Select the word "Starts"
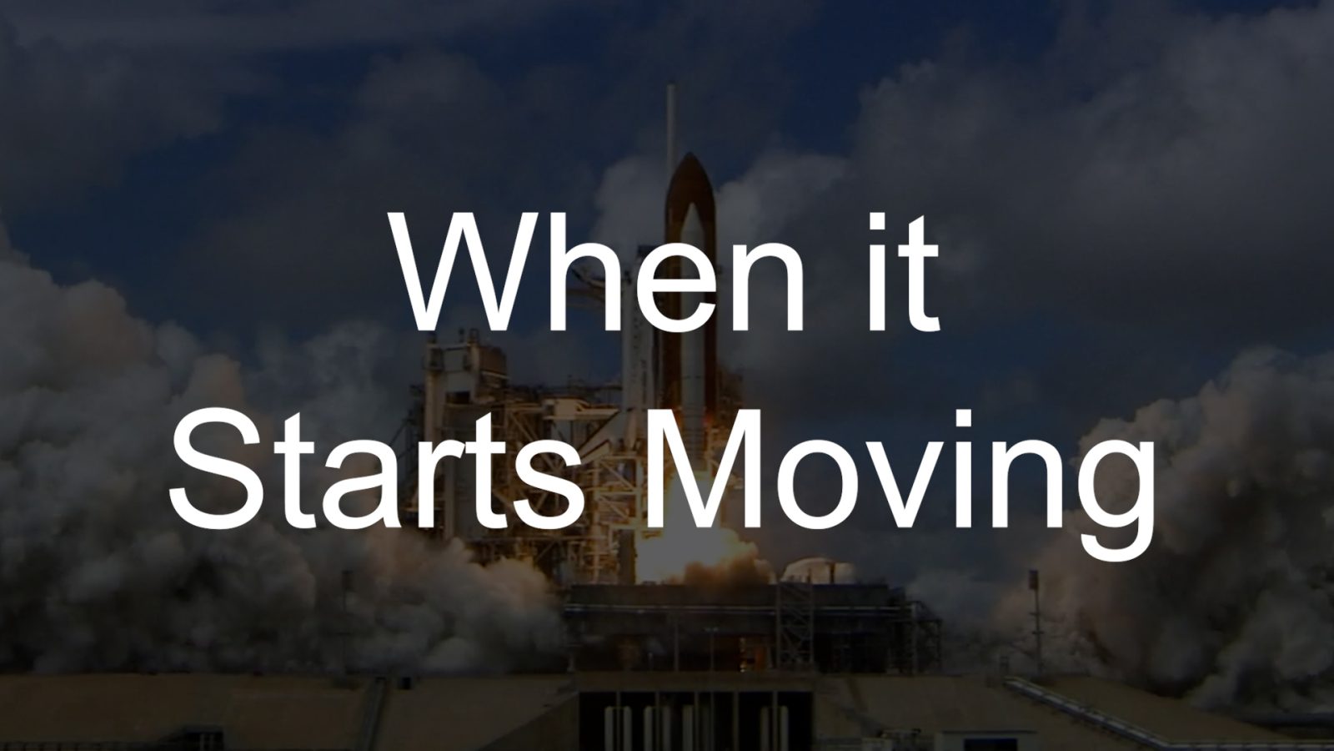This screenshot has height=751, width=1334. pos(376,470)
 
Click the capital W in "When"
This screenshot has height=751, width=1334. pos(470,272)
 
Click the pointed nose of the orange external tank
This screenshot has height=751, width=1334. pos(690,156)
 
